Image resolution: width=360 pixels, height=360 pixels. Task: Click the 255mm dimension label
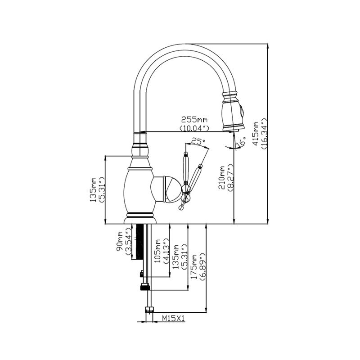click(194, 120)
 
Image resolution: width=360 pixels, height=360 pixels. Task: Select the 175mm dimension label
click(194, 267)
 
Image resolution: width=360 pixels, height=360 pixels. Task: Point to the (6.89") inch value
click(202, 267)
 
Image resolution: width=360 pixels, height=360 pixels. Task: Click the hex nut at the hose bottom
click(149, 310)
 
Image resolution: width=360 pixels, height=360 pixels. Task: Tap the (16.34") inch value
click(265, 133)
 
